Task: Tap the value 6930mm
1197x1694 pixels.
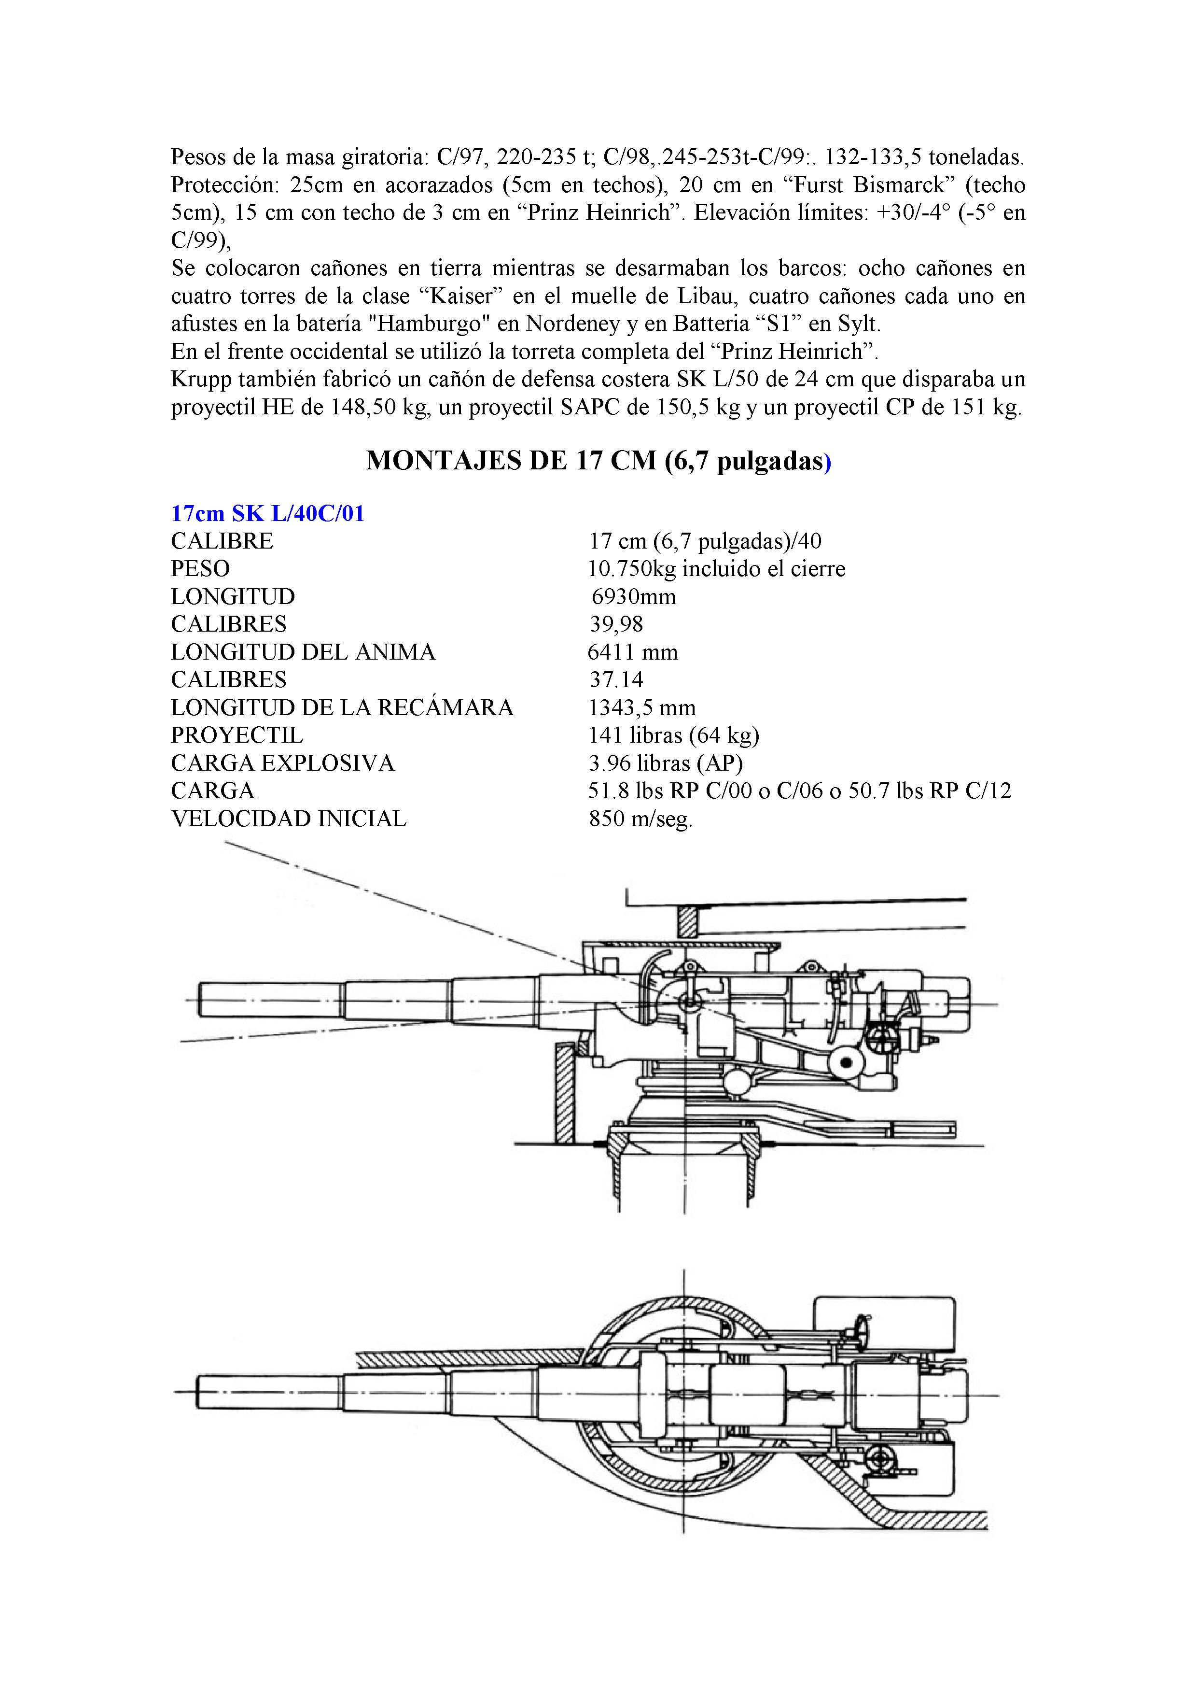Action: pyautogui.click(x=634, y=596)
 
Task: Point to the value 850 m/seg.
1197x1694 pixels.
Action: pyautogui.click(x=640, y=819)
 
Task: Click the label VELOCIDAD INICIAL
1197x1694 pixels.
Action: pyautogui.click(x=288, y=819)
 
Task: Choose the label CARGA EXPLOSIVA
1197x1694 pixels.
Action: pyautogui.click(x=282, y=763)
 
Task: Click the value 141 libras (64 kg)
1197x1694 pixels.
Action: pyautogui.click(x=673, y=735)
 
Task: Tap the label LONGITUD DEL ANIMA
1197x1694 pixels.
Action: pyautogui.click(x=303, y=652)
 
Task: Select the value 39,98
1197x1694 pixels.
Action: pyautogui.click(x=616, y=624)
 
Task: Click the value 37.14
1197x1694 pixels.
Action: pyautogui.click(x=616, y=679)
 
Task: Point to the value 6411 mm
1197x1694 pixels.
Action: pyautogui.click(x=632, y=652)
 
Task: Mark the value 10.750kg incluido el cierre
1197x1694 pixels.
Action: pyautogui.click(x=716, y=569)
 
